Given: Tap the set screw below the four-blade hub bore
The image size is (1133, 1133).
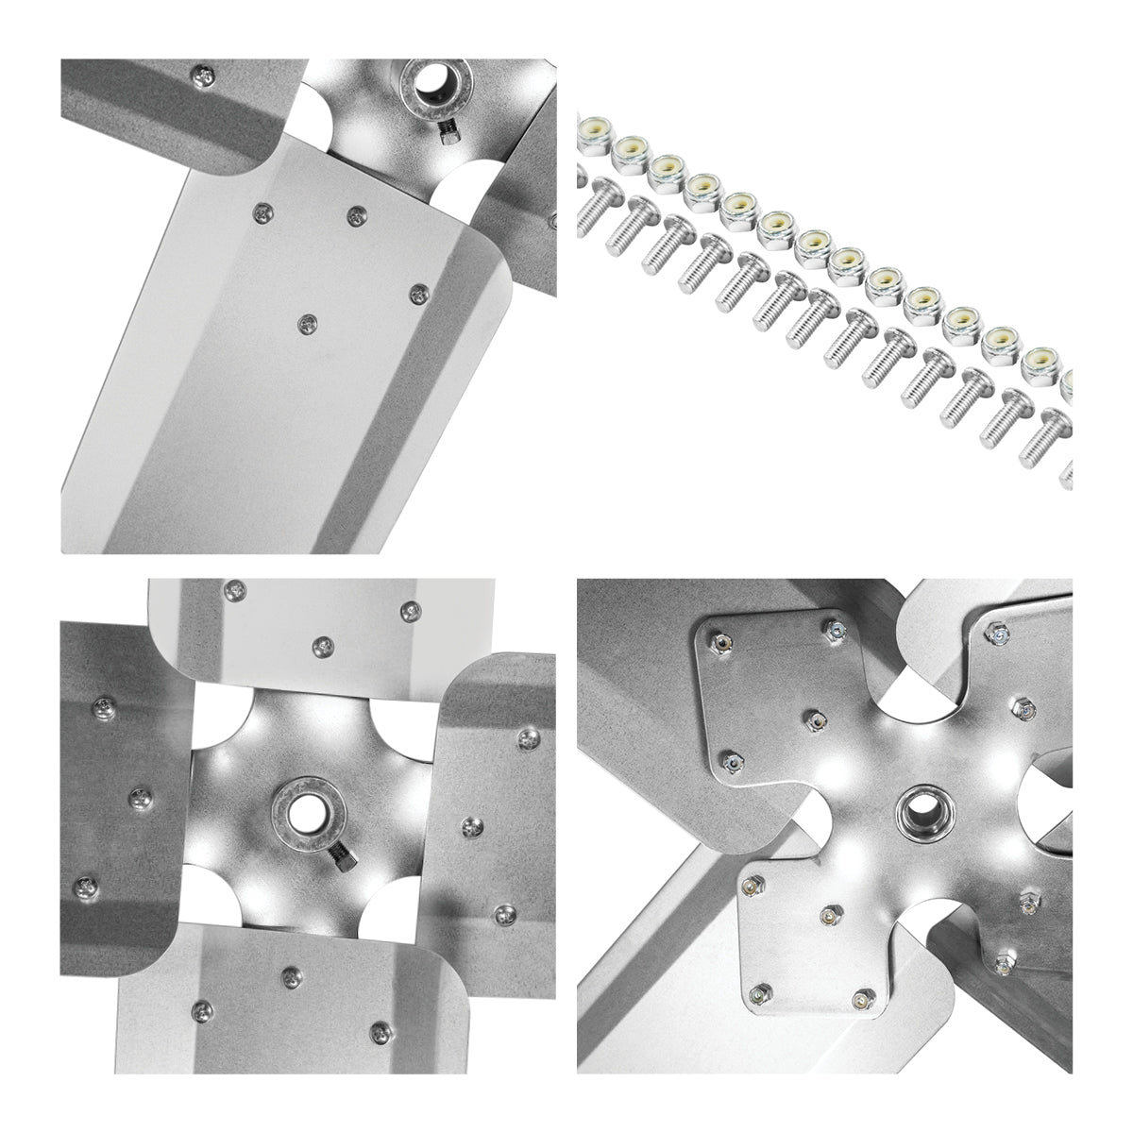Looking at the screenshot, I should (342, 860).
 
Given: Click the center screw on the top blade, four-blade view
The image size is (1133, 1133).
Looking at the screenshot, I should (324, 646).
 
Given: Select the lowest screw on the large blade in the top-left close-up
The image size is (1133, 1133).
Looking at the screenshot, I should (306, 324).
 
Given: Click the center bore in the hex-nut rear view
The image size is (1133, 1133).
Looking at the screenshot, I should (919, 808).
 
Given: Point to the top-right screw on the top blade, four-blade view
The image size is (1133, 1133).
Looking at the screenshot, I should (409, 612).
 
